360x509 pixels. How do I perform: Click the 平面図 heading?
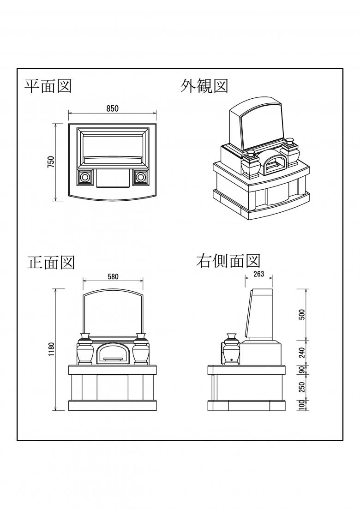point(48,86)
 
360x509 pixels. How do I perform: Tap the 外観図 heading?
point(204,86)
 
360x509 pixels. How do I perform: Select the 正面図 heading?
point(51,262)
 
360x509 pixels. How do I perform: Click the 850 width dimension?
point(112,109)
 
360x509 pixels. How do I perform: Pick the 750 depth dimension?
point(51,162)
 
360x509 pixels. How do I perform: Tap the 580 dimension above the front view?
point(113,277)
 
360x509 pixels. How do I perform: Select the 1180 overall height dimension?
point(52,349)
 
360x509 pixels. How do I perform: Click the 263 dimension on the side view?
point(258,274)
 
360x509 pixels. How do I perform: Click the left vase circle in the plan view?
point(84,177)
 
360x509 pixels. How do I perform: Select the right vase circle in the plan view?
point(140,177)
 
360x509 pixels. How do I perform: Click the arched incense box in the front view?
point(112,353)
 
